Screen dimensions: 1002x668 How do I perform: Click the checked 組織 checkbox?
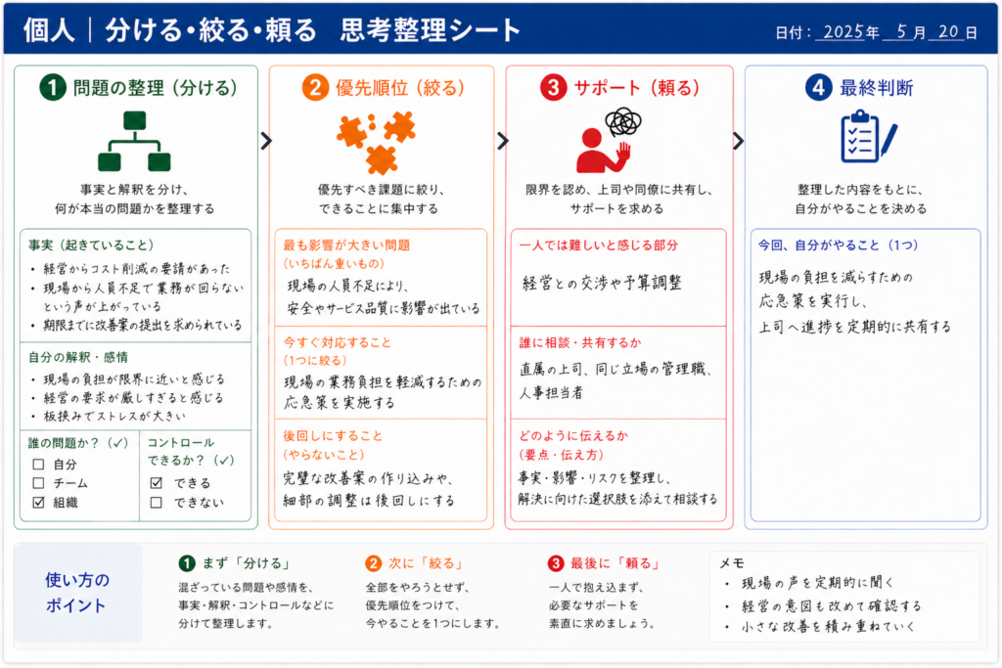38,502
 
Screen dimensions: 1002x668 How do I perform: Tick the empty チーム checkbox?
38,483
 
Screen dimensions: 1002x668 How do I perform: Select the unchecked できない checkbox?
156,502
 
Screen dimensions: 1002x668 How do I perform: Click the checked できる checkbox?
156,483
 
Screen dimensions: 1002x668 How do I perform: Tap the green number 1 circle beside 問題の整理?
53,87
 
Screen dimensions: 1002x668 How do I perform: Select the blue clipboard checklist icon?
868,136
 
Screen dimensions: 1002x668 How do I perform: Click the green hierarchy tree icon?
134,141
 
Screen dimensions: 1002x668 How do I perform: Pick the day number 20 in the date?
948,31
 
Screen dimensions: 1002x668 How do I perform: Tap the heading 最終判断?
876,87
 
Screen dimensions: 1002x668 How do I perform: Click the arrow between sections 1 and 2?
266,141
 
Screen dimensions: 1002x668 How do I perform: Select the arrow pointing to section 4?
738,141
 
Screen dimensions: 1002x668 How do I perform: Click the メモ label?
732,562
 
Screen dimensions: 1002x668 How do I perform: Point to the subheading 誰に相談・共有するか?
579,342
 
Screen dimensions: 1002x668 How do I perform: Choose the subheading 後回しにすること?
333,435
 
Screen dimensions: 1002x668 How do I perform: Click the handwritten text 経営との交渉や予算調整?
602,283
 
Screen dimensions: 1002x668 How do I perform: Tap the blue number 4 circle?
819,87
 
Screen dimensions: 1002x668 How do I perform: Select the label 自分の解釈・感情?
78,357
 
